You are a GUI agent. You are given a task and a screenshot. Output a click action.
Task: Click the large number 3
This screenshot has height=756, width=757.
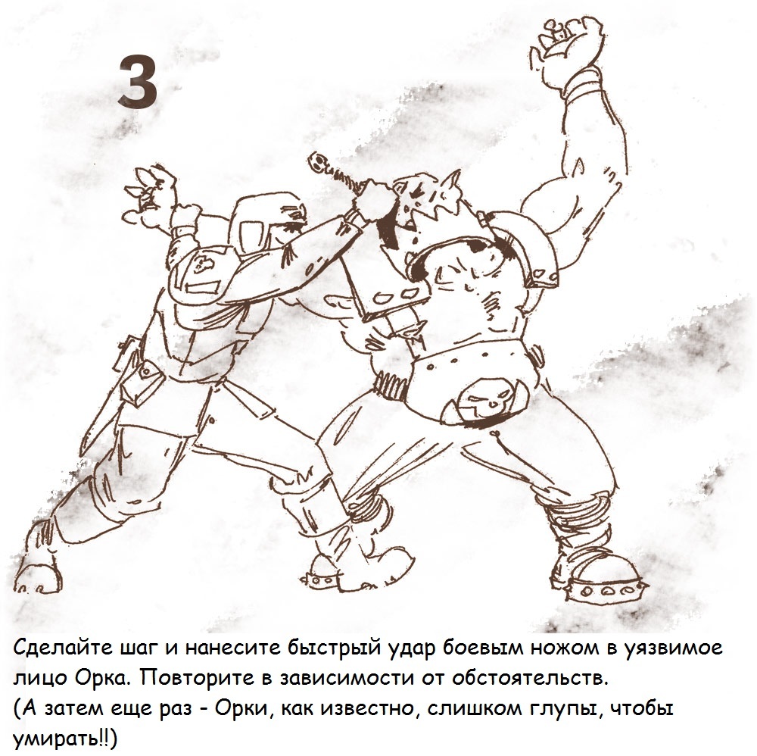click(x=138, y=81)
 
